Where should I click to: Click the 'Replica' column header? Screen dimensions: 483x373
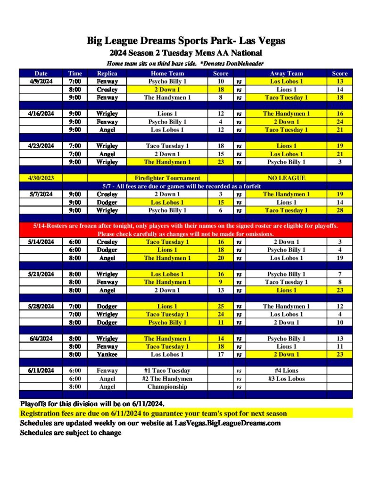tap(107, 73)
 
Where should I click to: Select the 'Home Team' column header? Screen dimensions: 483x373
tap(167, 73)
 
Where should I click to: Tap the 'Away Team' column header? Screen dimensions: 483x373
tap(286, 73)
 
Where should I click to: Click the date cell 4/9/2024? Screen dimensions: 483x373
tap(41, 81)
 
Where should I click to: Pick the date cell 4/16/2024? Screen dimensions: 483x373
tap(41, 114)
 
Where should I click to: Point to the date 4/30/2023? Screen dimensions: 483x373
tap(41, 178)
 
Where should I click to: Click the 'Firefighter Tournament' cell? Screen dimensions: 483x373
tap(167, 178)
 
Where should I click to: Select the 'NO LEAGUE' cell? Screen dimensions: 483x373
tap(286, 178)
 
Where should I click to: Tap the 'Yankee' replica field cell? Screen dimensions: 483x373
tap(107, 354)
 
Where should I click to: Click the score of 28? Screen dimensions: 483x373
tap(340, 210)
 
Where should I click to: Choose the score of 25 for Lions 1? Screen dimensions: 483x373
tap(221, 306)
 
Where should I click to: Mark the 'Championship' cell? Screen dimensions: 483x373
tap(167, 386)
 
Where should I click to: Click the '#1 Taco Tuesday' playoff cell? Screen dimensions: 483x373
tap(167, 370)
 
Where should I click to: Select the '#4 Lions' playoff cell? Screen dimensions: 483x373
tap(286, 370)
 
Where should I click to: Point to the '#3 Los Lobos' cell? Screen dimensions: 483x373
tap(286, 378)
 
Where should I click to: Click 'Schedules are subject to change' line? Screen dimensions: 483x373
tap(70, 433)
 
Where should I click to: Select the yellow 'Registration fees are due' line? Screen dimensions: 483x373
tap(153, 413)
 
